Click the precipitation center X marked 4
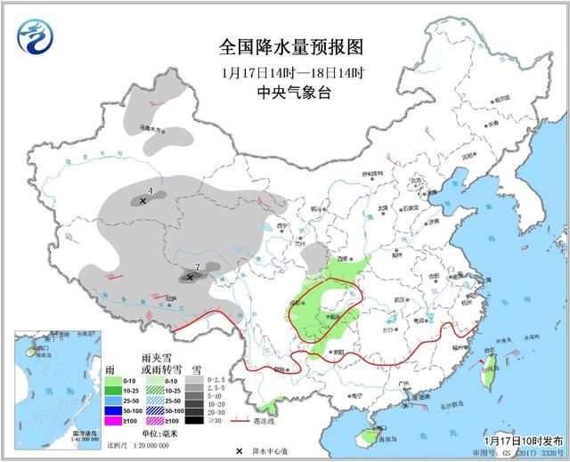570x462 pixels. pos(142,202)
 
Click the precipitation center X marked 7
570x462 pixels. pos(190,278)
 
